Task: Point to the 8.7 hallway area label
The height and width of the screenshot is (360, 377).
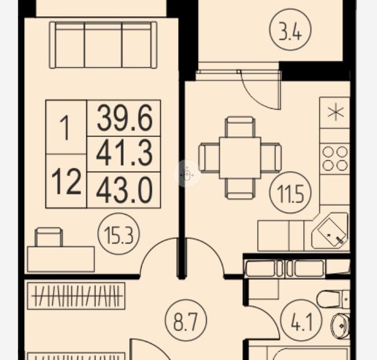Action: click(x=186, y=321)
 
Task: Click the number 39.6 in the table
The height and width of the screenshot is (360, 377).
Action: click(x=124, y=118)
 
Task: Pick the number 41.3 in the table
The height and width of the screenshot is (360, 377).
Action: click(x=124, y=154)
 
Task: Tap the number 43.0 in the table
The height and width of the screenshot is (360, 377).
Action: click(x=124, y=189)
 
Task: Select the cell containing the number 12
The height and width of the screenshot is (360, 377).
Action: click(x=66, y=181)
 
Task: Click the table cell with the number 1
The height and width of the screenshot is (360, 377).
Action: click(x=66, y=128)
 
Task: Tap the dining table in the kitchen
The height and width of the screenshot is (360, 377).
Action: click(x=240, y=157)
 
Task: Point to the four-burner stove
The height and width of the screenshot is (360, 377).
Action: click(x=334, y=157)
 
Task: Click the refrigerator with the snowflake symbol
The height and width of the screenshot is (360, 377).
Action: click(x=335, y=113)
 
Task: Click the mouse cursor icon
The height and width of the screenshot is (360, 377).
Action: click(x=187, y=175)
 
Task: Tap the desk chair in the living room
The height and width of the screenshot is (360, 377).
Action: click(x=49, y=237)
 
